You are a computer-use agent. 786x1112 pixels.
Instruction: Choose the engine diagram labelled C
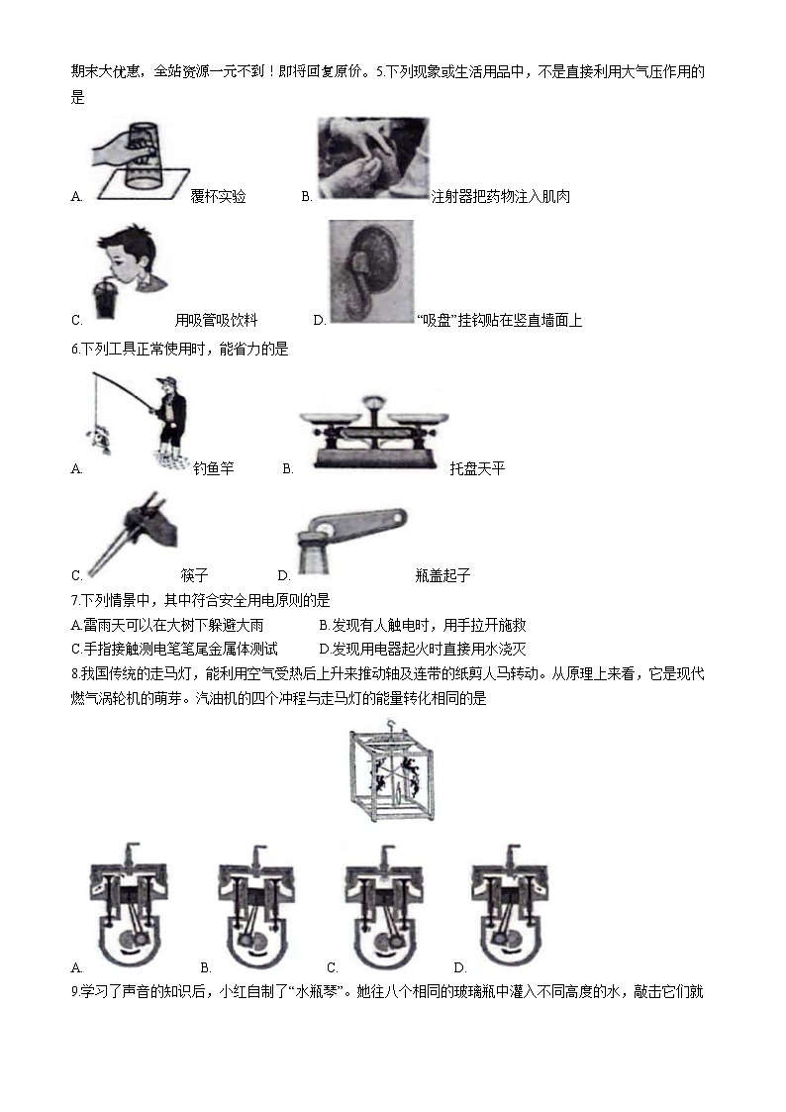click(384, 902)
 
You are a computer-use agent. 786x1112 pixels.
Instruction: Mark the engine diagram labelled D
click(511, 902)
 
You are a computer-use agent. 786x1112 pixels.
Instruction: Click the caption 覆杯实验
click(218, 197)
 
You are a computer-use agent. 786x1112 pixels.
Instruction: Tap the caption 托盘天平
click(477, 468)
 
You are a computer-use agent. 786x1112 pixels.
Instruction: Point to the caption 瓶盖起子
click(442, 575)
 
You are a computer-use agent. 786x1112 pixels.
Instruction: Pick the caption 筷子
click(194, 575)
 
